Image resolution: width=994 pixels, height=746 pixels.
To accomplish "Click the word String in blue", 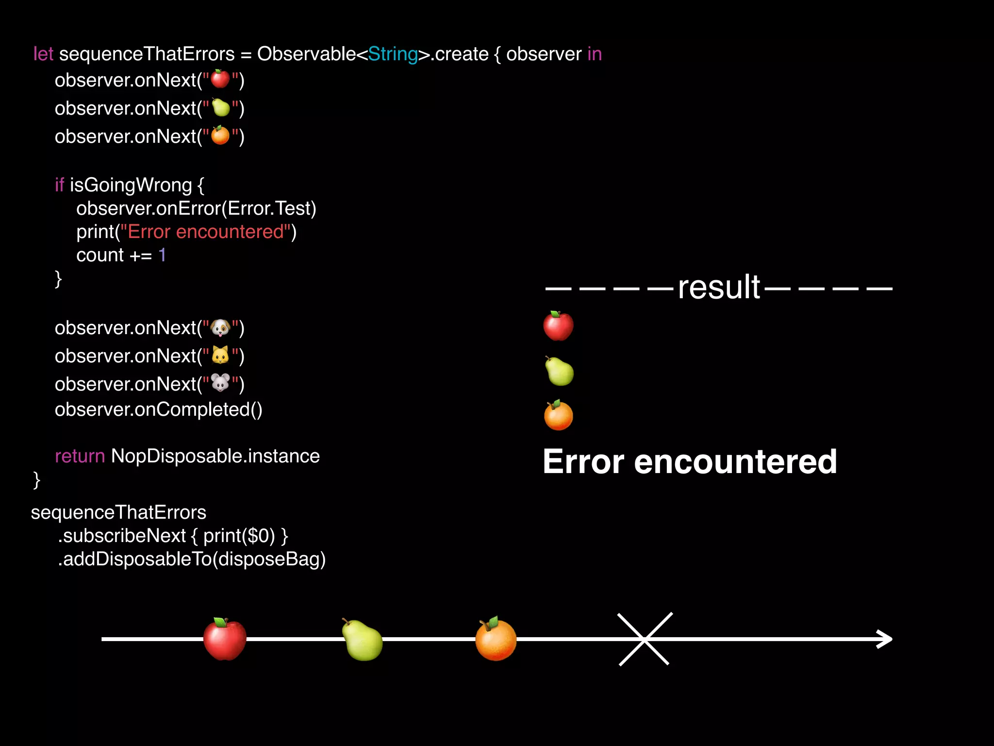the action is (x=393, y=54).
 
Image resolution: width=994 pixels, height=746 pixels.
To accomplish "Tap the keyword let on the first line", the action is (x=43, y=54).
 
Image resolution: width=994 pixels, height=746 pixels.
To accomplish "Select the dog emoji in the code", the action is (x=220, y=328).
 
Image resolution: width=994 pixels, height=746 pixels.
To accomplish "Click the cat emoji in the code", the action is (x=220, y=356).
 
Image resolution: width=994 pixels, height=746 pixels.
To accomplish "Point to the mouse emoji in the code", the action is (x=220, y=383).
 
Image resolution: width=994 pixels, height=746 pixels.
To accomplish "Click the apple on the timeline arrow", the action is (x=225, y=639).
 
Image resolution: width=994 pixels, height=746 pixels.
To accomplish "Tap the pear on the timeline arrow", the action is (x=362, y=640).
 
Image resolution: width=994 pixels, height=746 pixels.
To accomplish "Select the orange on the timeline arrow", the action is (x=496, y=639).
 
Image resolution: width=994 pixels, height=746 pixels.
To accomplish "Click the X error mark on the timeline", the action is (x=645, y=639).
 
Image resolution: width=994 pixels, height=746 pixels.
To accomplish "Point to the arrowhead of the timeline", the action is (x=886, y=639).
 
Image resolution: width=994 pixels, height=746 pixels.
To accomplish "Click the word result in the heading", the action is (x=719, y=288).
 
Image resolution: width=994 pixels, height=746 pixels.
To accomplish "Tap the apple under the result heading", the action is (x=558, y=326).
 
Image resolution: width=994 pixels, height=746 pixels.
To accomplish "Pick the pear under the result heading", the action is (x=559, y=371).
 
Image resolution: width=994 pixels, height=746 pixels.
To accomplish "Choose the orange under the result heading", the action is (x=559, y=416).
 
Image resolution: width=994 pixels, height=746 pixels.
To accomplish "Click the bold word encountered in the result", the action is (x=735, y=461).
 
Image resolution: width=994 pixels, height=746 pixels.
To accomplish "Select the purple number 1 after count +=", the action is (x=162, y=255).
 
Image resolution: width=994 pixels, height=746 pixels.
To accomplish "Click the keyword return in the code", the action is (x=80, y=456).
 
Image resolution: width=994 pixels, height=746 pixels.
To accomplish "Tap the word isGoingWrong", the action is (x=131, y=185).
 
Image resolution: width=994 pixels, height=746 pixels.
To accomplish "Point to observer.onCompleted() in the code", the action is (x=158, y=409).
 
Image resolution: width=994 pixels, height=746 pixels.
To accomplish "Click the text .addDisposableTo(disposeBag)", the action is (x=192, y=559).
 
